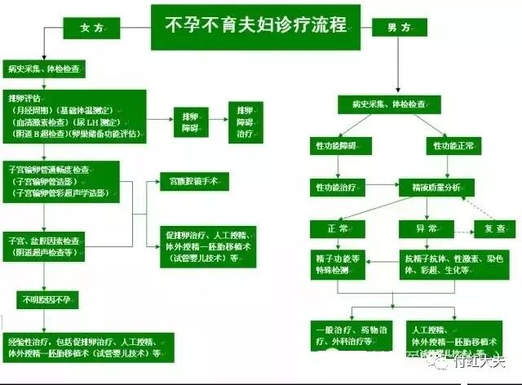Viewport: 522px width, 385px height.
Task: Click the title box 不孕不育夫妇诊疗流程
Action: pyautogui.click(x=255, y=25)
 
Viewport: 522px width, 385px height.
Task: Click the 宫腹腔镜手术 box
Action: pyautogui.click(x=193, y=182)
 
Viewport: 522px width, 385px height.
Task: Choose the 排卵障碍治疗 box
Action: pyautogui.click(x=245, y=121)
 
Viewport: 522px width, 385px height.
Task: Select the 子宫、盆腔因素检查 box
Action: pyautogui.click(x=49, y=246)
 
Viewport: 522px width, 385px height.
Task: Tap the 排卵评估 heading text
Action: pyautogui.click(x=24, y=97)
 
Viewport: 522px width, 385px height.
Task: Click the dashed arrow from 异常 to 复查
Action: pyautogui.click(x=460, y=228)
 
